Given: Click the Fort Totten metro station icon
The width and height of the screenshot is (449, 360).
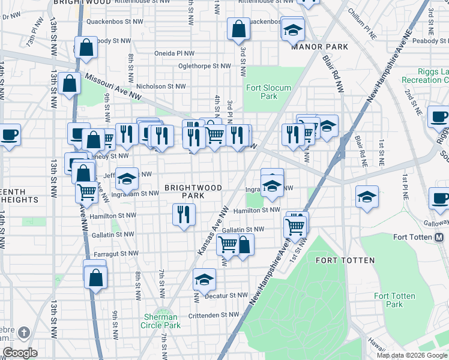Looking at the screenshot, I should click(x=439, y=237).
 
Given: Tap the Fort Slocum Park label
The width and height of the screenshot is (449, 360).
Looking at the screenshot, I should click(x=268, y=92).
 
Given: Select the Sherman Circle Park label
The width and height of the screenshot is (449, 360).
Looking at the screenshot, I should click(x=161, y=321).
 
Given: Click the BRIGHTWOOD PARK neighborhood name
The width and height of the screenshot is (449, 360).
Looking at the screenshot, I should click(x=193, y=191).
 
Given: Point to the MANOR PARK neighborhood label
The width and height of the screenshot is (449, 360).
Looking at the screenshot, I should click(x=319, y=47).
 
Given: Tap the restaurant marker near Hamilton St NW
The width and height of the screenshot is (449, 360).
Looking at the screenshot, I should click(x=184, y=215).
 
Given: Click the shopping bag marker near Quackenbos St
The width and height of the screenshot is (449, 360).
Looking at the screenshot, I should click(x=238, y=28).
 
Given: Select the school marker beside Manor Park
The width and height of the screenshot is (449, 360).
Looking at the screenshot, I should click(x=293, y=29).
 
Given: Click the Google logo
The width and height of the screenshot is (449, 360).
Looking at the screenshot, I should click(x=20, y=353).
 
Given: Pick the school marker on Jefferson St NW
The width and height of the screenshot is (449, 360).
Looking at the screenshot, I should click(x=127, y=178).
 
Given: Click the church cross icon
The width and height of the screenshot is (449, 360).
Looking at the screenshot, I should click(x=23, y=332).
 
